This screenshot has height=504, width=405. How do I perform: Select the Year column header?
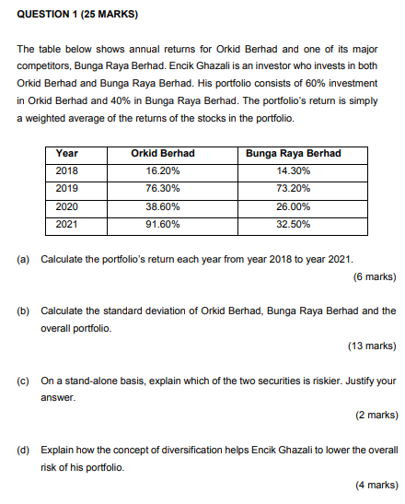[x=66, y=153]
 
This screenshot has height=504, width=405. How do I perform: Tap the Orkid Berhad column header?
[x=163, y=153]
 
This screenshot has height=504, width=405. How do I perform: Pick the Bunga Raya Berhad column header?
[x=293, y=153]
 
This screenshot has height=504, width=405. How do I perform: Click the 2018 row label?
[x=67, y=170]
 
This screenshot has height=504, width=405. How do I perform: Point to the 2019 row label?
[x=67, y=188]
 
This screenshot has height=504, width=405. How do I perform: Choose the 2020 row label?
[x=67, y=205]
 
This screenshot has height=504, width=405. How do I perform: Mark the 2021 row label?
[x=67, y=223]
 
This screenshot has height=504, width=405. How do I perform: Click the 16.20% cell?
[x=163, y=170]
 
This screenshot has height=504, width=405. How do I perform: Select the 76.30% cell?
[x=163, y=188]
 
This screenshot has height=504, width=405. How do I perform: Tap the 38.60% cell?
[x=163, y=205]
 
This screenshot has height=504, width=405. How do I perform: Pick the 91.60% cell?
[x=163, y=223]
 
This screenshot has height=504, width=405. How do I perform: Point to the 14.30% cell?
[x=293, y=170]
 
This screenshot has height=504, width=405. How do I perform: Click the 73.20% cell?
[x=293, y=188]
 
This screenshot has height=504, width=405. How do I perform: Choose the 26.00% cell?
[x=293, y=205]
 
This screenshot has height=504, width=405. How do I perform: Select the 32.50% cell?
[x=293, y=223]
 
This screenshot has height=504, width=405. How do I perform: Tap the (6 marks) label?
[x=373, y=276]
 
